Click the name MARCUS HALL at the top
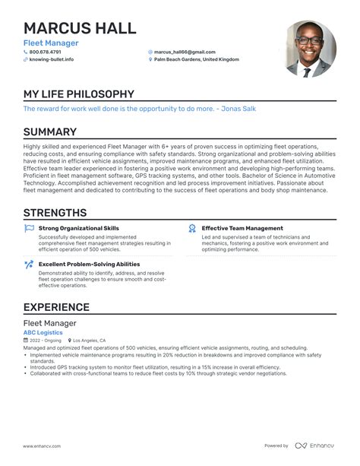pos(80,28)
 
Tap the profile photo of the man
pos(311,49)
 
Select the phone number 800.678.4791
pos(51,52)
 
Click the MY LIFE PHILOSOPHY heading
pos(78,94)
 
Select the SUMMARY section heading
pos(50,132)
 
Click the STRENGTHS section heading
pos(55,213)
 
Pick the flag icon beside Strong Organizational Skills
pos(29,228)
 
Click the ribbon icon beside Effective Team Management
pos(193,228)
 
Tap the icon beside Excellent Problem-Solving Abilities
pos(29,265)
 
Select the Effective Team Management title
pos(242,228)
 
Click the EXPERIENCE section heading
pos(56,307)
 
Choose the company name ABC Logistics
pos(43,332)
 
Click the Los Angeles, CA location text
pos(90,341)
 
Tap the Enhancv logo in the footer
pos(320,445)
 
